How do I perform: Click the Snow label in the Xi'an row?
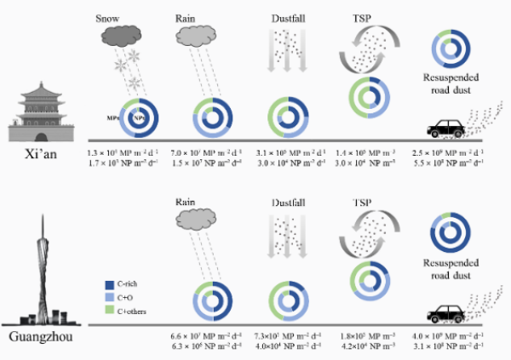pyautogui.click(x=108, y=16)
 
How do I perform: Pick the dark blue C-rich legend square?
pyautogui.click(x=108, y=283)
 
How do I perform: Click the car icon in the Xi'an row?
pyautogui.click(x=446, y=129)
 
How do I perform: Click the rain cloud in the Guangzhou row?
pyautogui.click(x=195, y=220)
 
